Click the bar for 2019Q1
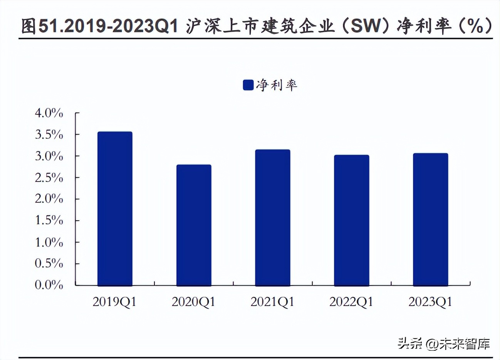pos(115,209)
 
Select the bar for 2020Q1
pos(194,225)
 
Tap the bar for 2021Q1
pos(273,217)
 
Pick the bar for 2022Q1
pos(351,220)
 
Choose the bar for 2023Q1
pos(430,219)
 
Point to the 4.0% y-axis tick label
pos(49,113)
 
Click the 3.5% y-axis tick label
pos(49,135)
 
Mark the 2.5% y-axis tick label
pos(49,178)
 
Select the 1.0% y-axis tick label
pos(49,242)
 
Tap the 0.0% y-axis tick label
pos(49,285)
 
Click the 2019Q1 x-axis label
pos(115,301)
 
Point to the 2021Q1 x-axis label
pos(272,301)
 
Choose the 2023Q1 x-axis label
pos(430,301)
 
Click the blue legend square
pos(248,85)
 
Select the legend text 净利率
pos(277,85)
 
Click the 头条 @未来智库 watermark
pos(444,343)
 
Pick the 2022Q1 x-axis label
pos(351,301)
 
